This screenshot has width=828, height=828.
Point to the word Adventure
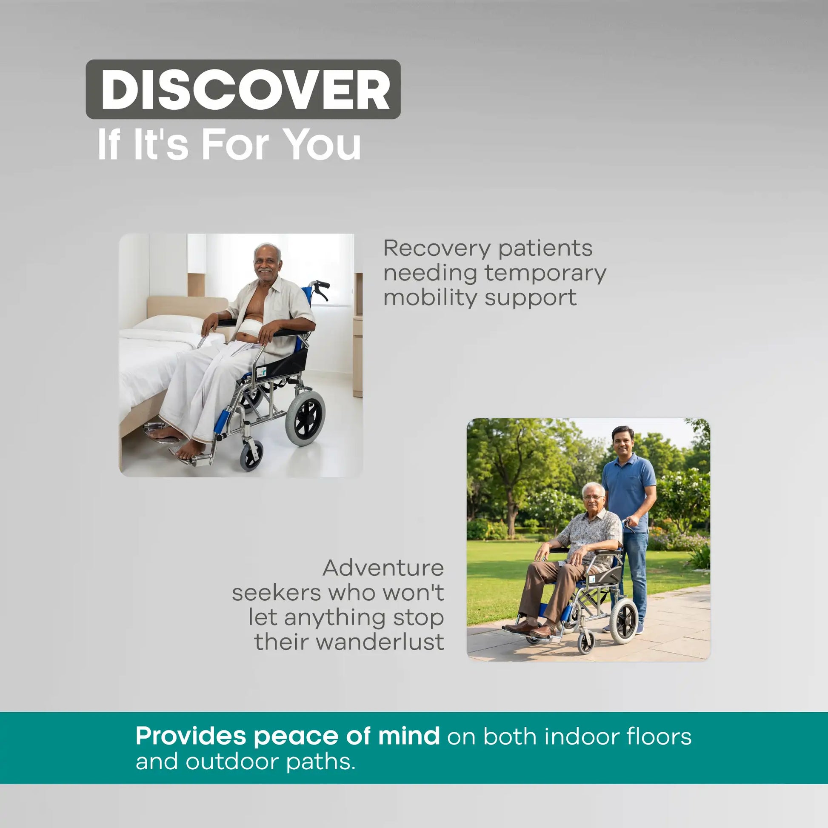coord(383,568)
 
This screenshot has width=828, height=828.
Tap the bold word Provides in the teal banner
coord(191,736)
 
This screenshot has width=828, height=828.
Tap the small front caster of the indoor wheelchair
coord(251,456)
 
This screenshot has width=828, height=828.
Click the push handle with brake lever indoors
coord(319,288)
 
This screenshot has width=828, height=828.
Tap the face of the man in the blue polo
coord(622,442)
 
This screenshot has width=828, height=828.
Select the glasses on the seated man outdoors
coord(593,497)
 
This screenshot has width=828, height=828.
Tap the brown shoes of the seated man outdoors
coord(530,628)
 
